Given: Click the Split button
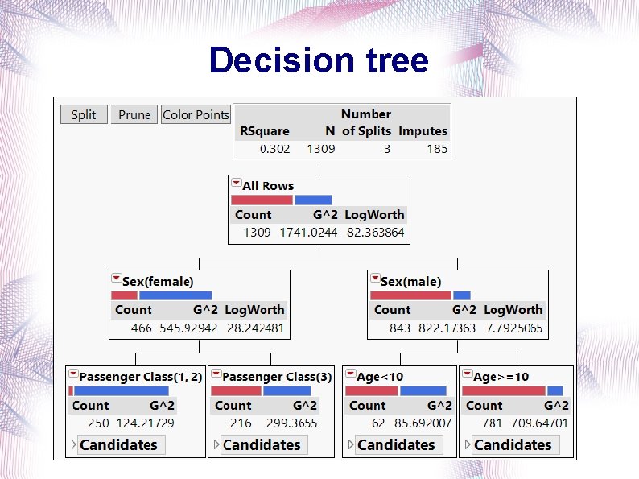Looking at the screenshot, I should coord(83,114).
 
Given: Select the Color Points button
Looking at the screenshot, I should coord(196,114).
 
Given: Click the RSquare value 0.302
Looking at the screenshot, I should coord(274,149).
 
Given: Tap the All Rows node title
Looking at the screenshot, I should coord(268,186).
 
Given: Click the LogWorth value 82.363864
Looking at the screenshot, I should coord(375,233).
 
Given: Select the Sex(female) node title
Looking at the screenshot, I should coord(158,282).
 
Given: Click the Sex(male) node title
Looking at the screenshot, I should coord(410,282).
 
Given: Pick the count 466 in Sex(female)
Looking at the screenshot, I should coord(141,328).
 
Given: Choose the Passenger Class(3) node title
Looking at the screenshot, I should coord(277,377).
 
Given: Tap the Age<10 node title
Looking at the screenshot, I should coord(380,377).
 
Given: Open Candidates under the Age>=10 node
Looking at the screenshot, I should coord(512,444).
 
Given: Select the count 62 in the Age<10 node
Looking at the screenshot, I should coord(378,423).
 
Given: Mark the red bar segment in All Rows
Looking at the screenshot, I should coord(262,200).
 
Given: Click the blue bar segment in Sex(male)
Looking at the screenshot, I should coord(461,295).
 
